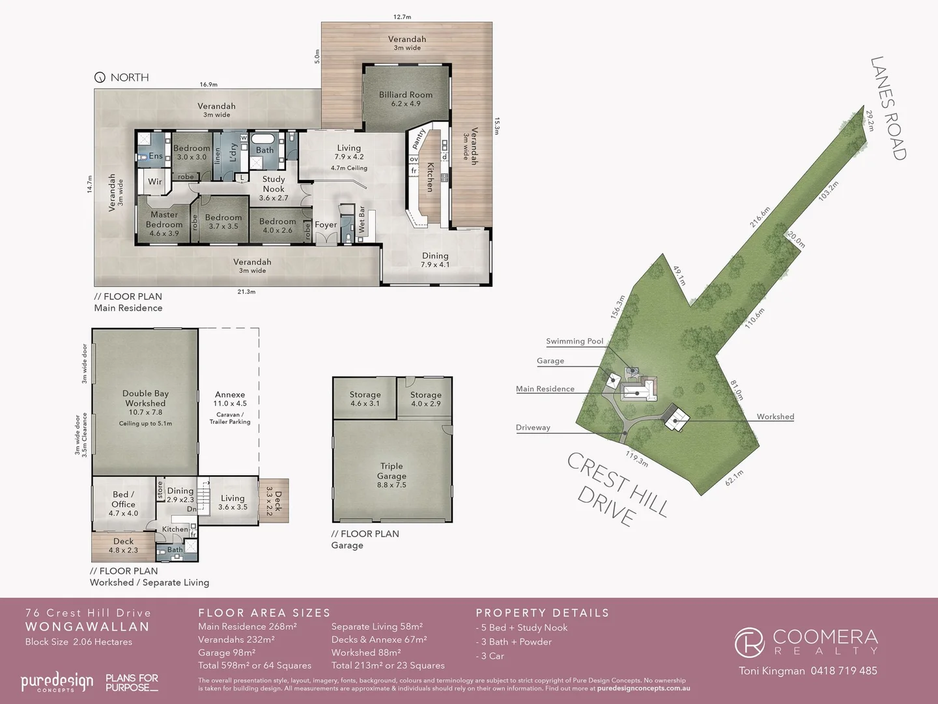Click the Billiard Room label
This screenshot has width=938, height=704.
point(406,95)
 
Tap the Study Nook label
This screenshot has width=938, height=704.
point(274,184)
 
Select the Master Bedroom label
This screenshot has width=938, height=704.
point(164,220)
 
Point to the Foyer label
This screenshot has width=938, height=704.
point(326,225)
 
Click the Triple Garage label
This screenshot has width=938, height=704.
point(391,471)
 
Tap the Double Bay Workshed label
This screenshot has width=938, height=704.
point(145,398)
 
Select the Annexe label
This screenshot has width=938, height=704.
point(230,394)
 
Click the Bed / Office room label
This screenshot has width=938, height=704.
point(124,499)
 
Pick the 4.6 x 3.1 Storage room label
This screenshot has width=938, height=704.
point(365,394)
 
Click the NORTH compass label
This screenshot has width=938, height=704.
point(129,78)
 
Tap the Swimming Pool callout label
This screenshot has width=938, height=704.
point(575,341)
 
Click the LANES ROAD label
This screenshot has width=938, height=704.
point(888,108)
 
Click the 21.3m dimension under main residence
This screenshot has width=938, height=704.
point(246,292)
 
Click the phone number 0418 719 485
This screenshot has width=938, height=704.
point(844,671)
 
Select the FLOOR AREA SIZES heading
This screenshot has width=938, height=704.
point(264,613)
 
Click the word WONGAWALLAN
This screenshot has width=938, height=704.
point(87,627)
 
